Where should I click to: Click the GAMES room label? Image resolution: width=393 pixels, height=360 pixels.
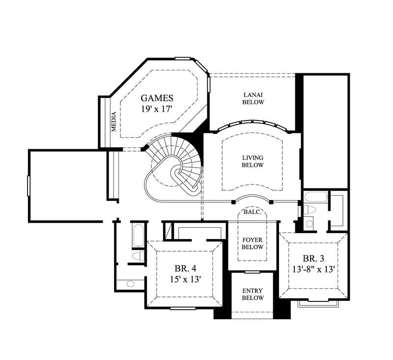coord(157,98)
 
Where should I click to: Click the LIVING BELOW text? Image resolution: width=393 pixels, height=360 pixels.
coord(253,161)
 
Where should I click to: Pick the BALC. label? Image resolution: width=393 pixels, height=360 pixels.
coord(252,212)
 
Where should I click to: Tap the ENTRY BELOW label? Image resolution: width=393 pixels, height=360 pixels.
coord(253,294)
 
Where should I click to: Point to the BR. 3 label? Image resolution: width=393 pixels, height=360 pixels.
coord(313,258)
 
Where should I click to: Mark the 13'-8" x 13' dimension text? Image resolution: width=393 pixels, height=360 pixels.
coord(313,269)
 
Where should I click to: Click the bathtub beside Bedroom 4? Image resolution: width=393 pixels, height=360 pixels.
coord(138,236)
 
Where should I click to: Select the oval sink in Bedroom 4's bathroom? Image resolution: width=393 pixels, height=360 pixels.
coord(131,284)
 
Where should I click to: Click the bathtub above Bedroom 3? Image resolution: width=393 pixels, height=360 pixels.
coord(313,198)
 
